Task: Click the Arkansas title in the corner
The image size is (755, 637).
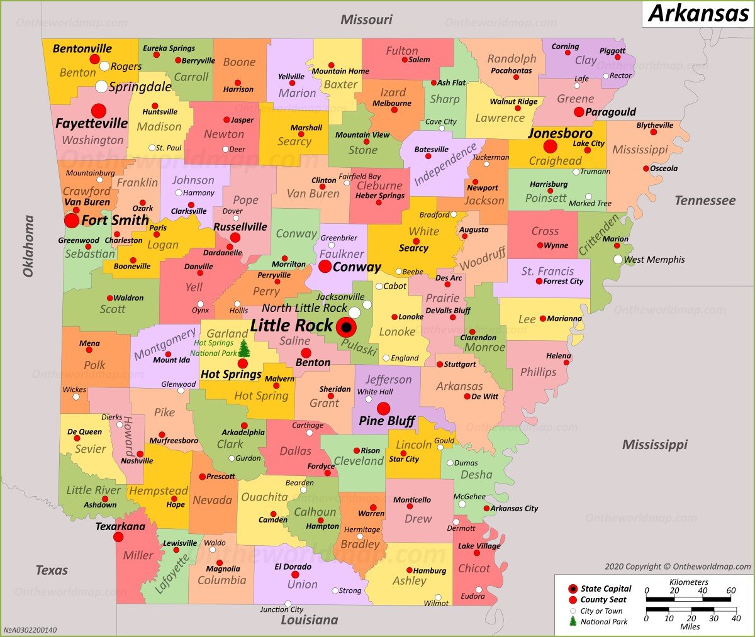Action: pos(698,13)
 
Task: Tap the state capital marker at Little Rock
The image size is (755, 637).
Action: pos(345,328)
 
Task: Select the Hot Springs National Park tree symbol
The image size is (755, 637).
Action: pos(244,348)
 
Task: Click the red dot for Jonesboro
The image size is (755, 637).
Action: pos(550,147)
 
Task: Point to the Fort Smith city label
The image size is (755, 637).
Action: pos(115,220)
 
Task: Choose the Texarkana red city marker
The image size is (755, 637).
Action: pos(118,537)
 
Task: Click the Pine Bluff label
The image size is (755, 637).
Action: pos(386,421)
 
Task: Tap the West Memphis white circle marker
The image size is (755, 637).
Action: pos(618,260)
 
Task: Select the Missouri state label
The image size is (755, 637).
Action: pos(366,19)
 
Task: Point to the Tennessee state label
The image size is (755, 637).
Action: pos(705,201)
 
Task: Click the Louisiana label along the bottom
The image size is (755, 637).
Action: pos(309,620)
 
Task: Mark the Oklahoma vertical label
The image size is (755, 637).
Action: pos(28,246)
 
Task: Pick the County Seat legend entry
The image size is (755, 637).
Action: pos(603,600)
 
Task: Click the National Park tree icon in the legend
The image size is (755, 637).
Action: pos(573,621)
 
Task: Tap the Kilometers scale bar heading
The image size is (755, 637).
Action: pos(688,582)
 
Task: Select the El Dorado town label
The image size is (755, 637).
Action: pos(293,567)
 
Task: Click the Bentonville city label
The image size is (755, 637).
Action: pos(82,48)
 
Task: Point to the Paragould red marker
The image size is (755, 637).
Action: pos(579,112)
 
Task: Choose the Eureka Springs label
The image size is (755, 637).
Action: pos(169,48)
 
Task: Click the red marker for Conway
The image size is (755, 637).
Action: pos(325,267)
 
